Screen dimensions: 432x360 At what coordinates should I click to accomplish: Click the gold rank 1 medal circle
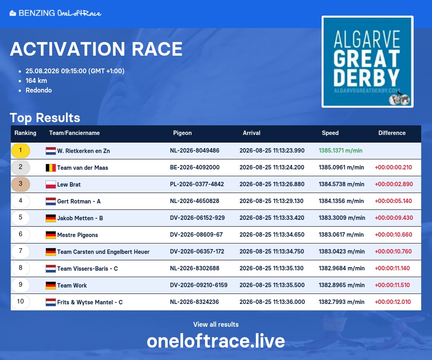pos(20,151)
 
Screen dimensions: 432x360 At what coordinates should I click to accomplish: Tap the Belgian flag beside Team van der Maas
pos(51,168)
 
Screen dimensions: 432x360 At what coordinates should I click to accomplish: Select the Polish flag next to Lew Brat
pos(51,185)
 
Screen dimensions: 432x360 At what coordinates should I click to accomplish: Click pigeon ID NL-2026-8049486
pos(194,151)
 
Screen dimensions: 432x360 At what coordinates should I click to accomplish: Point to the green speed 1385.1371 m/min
pos(340,151)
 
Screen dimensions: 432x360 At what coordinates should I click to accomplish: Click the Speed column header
pos(330,133)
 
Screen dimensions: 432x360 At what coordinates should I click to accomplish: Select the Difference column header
pos(392,133)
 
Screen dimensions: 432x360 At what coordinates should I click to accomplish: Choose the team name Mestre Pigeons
pos(78,235)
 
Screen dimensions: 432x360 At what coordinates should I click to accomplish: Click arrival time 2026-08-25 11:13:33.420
pos(272,218)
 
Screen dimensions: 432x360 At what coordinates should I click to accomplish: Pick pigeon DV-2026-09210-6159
pos(199,285)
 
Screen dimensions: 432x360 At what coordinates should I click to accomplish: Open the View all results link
pos(216,324)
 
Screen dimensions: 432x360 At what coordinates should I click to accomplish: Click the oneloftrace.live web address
pos(216,341)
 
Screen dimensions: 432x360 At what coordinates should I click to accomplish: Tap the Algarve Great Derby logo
pos(368,62)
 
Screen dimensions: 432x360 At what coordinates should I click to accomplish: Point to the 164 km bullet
pos(36,80)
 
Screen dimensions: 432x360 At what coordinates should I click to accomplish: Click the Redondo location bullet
pos(38,90)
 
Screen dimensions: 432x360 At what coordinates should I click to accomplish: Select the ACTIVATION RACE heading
pos(96,49)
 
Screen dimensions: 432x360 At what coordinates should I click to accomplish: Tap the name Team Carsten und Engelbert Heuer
pos(103,252)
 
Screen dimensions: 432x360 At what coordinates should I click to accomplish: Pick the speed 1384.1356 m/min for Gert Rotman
pos(341,201)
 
